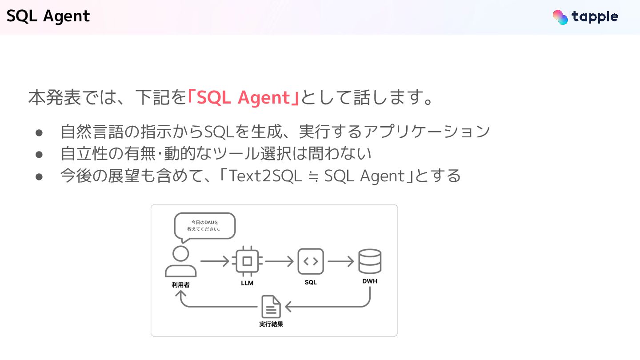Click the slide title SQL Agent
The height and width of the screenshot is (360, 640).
(48, 16)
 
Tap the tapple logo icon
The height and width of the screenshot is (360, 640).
(560, 17)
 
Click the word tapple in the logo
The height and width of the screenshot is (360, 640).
(595, 17)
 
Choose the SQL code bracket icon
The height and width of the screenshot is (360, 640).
(311, 261)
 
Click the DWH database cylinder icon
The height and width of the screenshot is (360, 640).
(370, 261)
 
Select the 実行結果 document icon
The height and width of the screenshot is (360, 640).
(271, 307)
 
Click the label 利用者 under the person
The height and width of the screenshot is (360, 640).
(180, 284)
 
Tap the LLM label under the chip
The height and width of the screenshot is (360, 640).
(247, 283)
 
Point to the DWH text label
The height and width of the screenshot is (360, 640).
(370, 281)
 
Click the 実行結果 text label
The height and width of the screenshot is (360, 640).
(271, 324)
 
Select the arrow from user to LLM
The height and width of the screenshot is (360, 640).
(215, 261)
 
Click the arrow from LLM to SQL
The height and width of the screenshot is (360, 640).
(280, 261)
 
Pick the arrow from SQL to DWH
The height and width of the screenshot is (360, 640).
(340, 261)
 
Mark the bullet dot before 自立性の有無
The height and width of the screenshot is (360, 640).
(39, 154)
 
